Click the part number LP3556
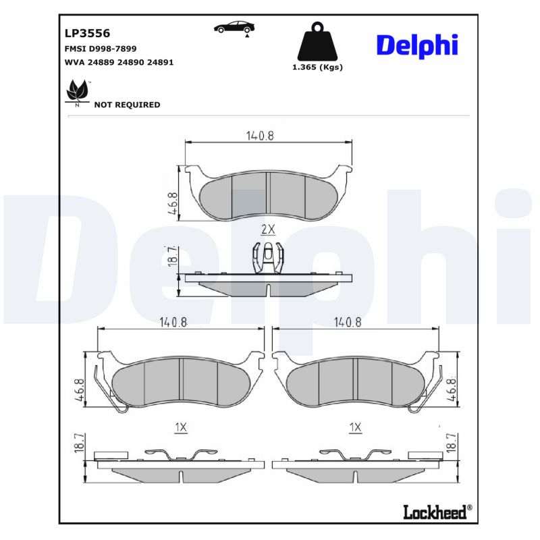[87, 32]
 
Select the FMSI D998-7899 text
[100, 49]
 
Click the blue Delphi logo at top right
[416, 45]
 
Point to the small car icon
[234, 27]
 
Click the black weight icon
[317, 42]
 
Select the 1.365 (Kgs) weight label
[317, 67]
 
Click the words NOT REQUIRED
[127, 105]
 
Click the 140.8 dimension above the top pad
[260, 135]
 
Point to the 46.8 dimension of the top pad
[173, 202]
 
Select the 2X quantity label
[268, 230]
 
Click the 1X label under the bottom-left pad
[180, 427]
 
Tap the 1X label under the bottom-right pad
[356, 427]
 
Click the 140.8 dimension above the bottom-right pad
[348, 323]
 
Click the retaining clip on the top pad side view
[268, 257]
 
